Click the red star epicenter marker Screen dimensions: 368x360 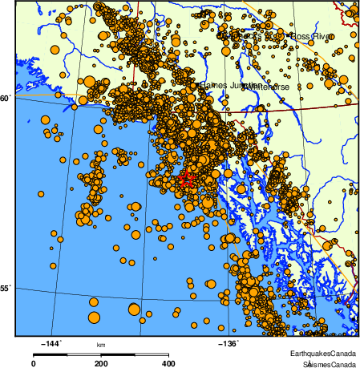[186, 179]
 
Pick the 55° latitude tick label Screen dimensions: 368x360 [6, 289]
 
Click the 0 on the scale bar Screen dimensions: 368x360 [33, 363]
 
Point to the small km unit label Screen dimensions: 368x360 [101, 345]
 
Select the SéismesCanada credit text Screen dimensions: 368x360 [325, 363]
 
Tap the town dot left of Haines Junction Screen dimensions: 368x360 [196, 83]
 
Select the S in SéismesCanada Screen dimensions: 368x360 [295, 363]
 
